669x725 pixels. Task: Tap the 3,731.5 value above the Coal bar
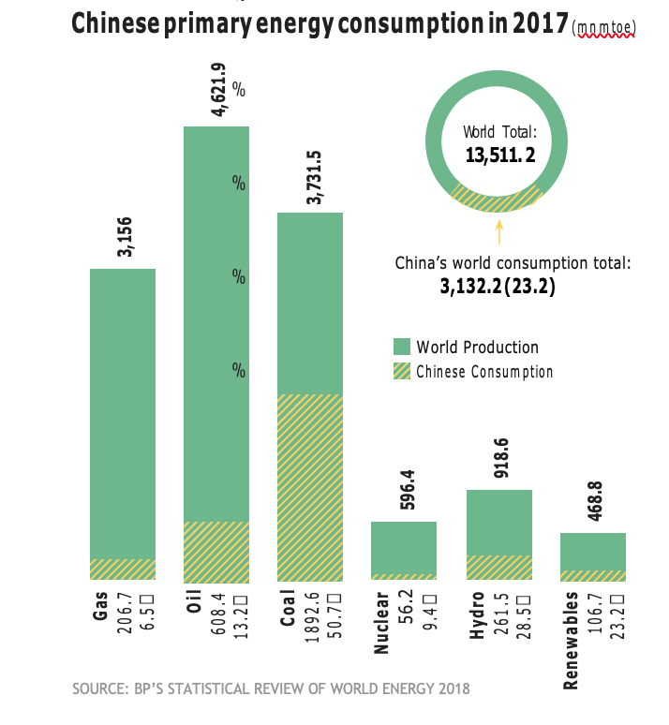(x=313, y=178)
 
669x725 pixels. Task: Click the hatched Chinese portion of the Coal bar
(x=309, y=487)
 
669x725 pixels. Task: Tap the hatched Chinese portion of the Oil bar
(x=216, y=551)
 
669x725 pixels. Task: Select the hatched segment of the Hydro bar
(x=498, y=568)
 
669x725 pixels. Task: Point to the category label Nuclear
(x=381, y=622)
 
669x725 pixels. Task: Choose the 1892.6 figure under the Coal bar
(x=312, y=617)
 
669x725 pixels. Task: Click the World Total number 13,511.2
(x=500, y=155)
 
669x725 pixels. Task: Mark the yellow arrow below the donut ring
(x=498, y=230)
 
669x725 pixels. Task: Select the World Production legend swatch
(x=401, y=347)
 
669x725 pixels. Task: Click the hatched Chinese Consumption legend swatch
(x=401, y=371)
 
